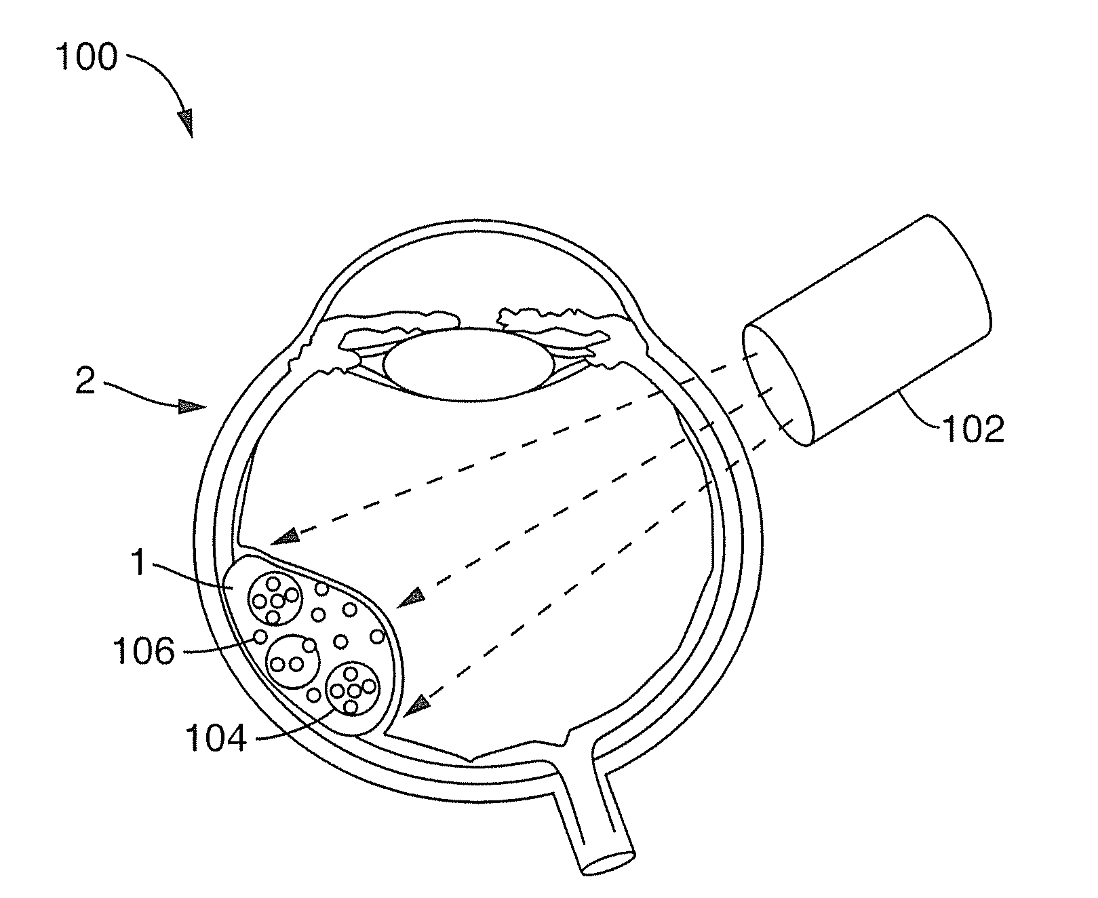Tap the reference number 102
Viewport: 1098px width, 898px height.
point(972,429)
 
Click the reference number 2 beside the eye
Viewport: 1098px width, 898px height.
point(85,382)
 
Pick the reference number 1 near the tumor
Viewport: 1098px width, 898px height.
point(138,563)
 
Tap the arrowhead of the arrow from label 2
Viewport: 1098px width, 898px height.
point(192,407)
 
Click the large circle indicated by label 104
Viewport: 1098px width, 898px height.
point(352,688)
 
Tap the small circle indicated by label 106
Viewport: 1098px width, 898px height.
point(259,636)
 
